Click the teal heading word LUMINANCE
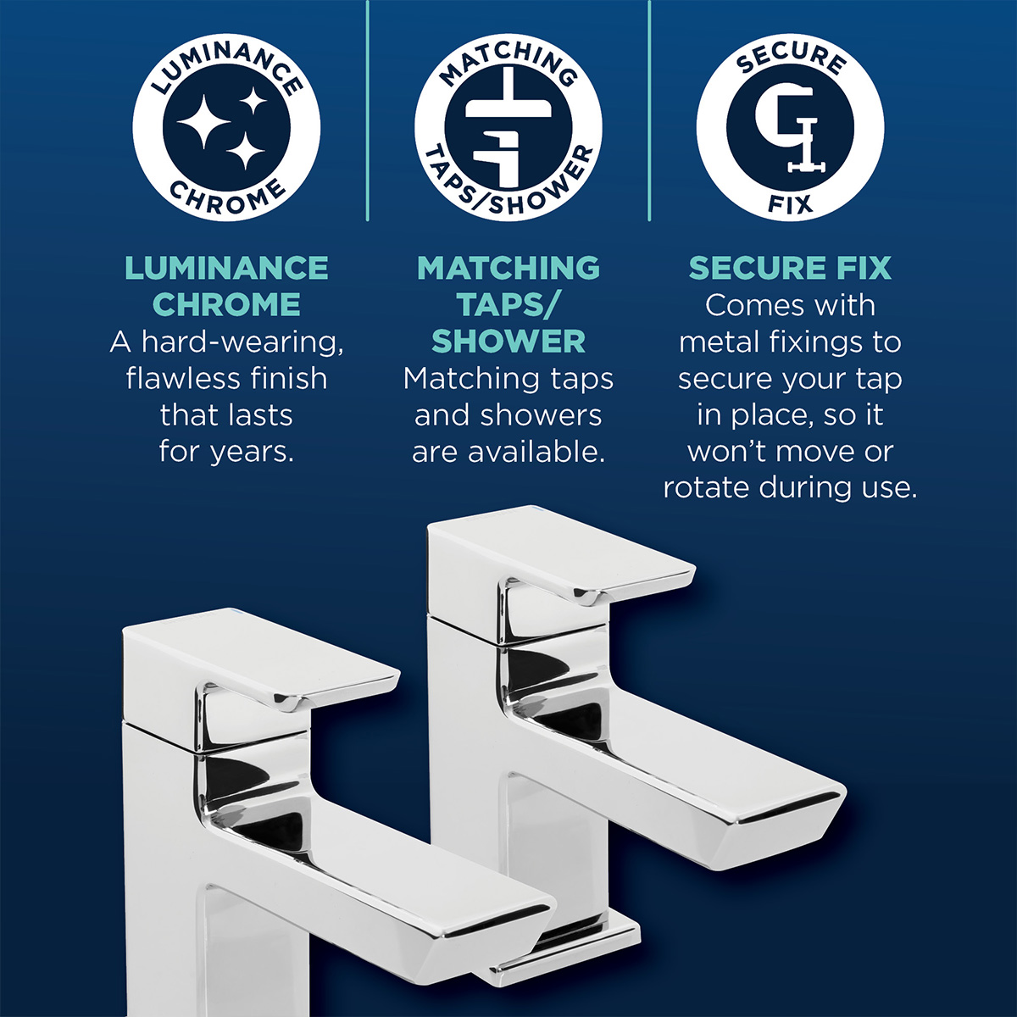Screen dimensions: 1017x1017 tap(226, 268)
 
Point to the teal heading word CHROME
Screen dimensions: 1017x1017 tap(226, 304)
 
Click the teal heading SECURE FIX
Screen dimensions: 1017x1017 tap(790, 268)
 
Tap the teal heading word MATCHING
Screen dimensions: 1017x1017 tap(508, 268)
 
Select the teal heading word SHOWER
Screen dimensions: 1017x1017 tap(508, 342)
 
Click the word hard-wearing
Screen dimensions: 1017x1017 tap(242, 343)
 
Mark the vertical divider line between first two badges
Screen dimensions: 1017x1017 tap(367, 110)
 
